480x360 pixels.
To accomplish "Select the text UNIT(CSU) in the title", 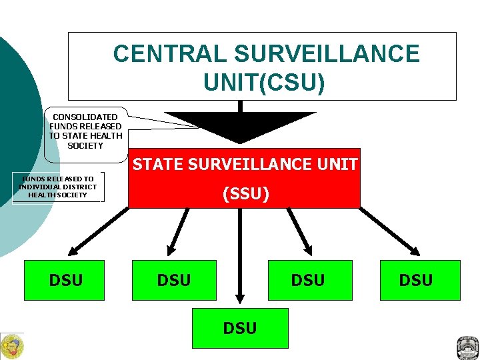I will (x=265, y=83).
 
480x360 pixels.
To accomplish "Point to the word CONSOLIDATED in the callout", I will (x=85, y=117).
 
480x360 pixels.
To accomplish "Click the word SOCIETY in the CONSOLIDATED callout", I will (x=85, y=145).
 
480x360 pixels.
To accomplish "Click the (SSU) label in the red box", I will (x=245, y=194).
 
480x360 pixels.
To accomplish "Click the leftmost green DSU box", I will (x=66, y=280).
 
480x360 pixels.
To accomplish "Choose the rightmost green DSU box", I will (x=416, y=280).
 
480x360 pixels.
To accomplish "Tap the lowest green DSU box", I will (x=240, y=328).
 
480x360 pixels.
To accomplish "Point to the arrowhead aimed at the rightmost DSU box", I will (x=414, y=251).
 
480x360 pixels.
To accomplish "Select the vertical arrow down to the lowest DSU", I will (x=240, y=260).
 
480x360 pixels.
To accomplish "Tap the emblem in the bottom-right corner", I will (x=467, y=347).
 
